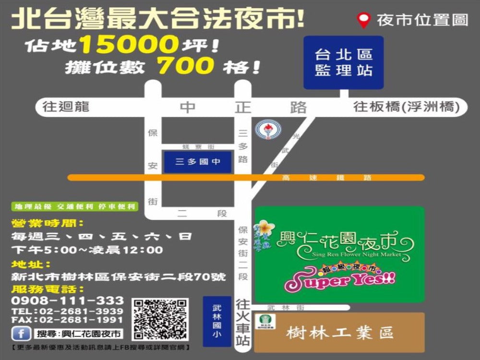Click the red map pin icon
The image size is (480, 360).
click(364, 20)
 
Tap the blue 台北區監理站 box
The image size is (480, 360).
click(343, 62)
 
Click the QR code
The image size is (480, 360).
click(160, 319)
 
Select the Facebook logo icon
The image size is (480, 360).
click(22, 334)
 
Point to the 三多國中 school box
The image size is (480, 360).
click(198, 162)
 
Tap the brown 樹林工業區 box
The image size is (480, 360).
click(339, 332)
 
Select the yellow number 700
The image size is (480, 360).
click(186, 66)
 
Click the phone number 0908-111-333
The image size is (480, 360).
click(67, 301)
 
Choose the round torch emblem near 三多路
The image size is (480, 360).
click(265, 130)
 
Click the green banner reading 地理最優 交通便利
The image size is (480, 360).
click(75, 207)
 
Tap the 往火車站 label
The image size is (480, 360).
click(243, 322)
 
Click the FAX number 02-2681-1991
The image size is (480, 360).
click(67, 320)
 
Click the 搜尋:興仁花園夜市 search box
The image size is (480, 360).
click(78, 334)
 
